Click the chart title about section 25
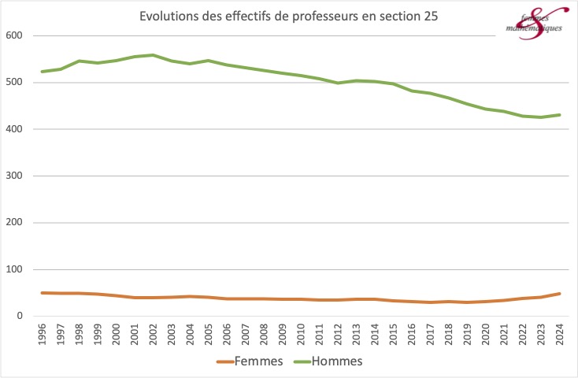coord(288,16)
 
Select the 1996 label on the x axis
coord(42,334)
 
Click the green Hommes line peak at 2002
coord(154,55)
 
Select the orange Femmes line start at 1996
coord(42,293)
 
